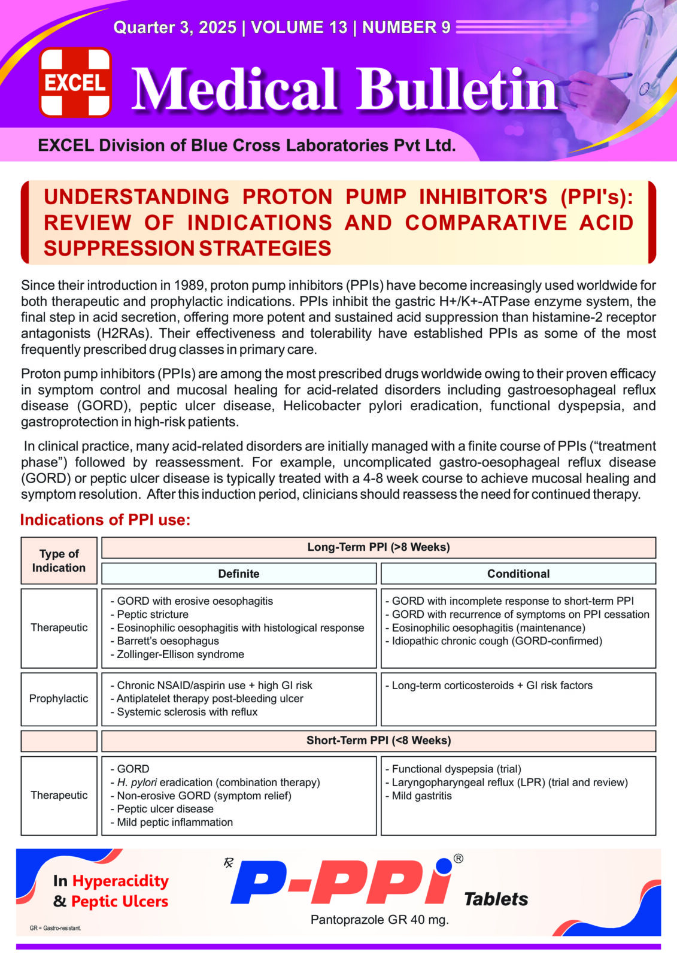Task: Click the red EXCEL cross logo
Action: point(75,82)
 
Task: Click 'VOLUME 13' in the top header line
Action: point(299,28)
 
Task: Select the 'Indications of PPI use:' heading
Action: point(105,520)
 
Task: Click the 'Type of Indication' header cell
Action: point(59,561)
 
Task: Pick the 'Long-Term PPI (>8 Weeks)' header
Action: point(378,547)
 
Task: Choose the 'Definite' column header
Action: point(238,574)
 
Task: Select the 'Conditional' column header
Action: point(518,574)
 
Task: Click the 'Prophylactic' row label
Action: point(59,699)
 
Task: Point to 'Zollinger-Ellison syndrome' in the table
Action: point(180,654)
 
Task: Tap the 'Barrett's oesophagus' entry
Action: point(168,641)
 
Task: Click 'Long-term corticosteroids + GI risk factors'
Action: point(492,686)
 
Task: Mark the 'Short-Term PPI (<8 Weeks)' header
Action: point(378,741)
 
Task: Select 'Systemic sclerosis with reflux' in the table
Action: point(187,712)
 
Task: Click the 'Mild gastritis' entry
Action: point(421,796)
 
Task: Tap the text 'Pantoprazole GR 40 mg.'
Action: point(380,920)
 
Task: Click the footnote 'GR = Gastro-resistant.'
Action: point(55,928)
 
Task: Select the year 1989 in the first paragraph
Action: point(190,286)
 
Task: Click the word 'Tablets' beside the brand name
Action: point(496,899)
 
